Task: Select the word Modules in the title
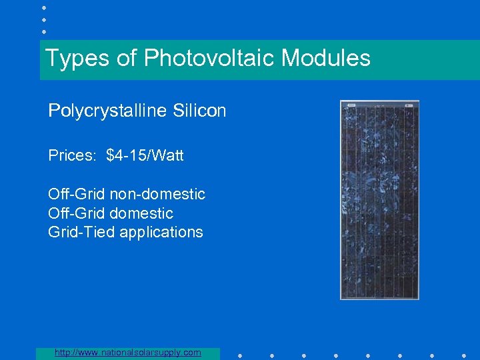[325, 59]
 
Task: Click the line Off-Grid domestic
[110, 213]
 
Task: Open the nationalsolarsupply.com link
[128, 353]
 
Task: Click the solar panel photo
[379, 200]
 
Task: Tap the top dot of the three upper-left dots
[43, 7]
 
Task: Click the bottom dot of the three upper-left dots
[43, 31]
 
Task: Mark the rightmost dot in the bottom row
[464, 355]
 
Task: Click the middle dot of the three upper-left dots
[43, 19]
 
